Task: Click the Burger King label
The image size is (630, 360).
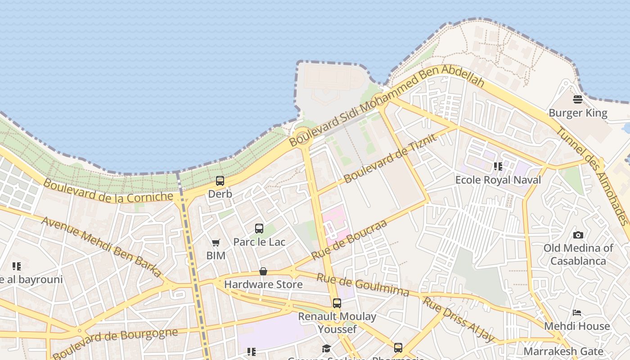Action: pyautogui.click(x=578, y=112)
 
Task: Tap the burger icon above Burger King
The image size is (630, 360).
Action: pyautogui.click(x=578, y=99)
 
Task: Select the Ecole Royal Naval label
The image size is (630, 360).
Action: pyautogui.click(x=498, y=180)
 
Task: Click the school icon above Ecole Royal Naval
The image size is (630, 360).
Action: pyautogui.click(x=498, y=166)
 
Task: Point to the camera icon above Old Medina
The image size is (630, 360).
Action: pyautogui.click(x=578, y=235)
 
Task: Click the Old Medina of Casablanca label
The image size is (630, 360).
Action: pyautogui.click(x=578, y=254)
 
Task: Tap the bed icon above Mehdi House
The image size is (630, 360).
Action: pyautogui.click(x=577, y=313)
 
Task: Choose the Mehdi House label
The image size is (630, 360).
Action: pyautogui.click(x=577, y=326)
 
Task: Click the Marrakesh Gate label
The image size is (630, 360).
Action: pyautogui.click(x=563, y=351)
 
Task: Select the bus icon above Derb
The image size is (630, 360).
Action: pyautogui.click(x=220, y=181)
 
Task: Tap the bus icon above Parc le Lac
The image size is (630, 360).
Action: pyautogui.click(x=259, y=229)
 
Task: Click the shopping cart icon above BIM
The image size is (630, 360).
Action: pyautogui.click(x=216, y=243)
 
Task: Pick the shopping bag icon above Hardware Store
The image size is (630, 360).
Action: pyautogui.click(x=263, y=271)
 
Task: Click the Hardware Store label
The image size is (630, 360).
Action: pyautogui.click(x=263, y=284)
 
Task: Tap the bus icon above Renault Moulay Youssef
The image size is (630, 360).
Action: pyautogui.click(x=337, y=303)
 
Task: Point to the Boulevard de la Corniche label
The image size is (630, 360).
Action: pyautogui.click(x=108, y=191)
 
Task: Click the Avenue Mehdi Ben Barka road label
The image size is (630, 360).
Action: pyautogui.click(x=101, y=247)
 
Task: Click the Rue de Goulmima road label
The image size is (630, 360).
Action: pyautogui.click(x=363, y=284)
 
